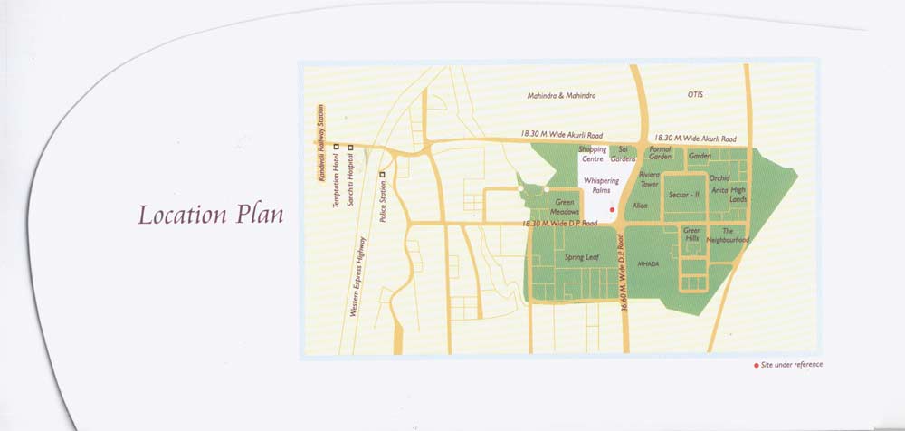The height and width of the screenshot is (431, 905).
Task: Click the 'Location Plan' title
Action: click(211, 215)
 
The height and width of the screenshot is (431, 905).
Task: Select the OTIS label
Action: click(695, 94)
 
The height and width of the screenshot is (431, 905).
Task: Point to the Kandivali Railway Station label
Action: click(319, 142)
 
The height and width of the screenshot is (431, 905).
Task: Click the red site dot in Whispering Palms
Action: click(612, 209)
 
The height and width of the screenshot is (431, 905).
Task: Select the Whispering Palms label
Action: click(601, 186)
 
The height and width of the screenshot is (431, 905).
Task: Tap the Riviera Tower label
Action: click(650, 178)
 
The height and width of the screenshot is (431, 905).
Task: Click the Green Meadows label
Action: click(566, 206)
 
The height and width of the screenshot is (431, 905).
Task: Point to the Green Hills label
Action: click(692, 234)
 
